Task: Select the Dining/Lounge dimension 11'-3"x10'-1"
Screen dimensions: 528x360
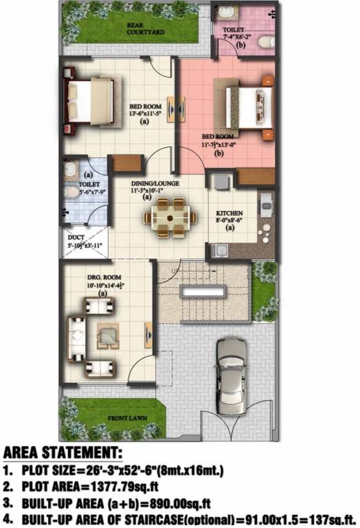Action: (x=146, y=190)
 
